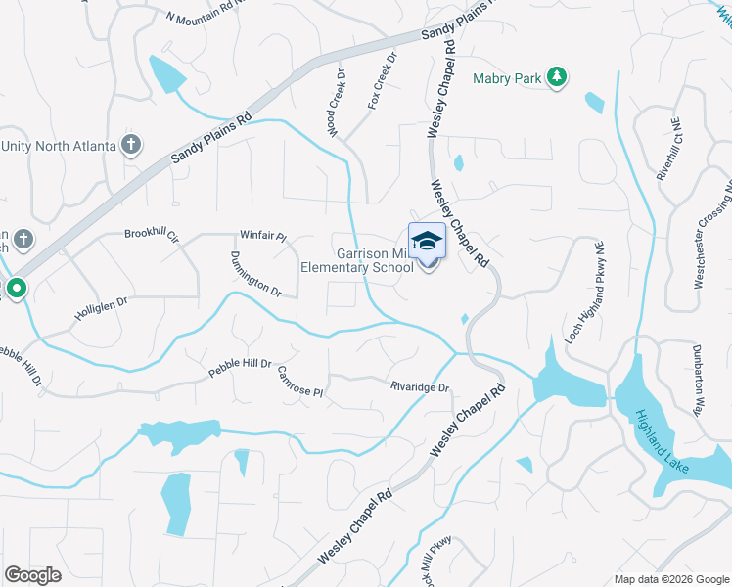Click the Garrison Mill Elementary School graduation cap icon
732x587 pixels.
427,241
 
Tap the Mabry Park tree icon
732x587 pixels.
557,77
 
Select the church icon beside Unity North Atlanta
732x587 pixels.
131,146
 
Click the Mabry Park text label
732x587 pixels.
507,78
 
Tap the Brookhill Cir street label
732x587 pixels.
152,235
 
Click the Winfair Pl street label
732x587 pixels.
262,236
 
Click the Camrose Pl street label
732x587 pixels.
299,383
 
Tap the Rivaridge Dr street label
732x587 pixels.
419,387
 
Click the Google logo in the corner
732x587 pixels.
33,575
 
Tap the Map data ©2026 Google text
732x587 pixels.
670,579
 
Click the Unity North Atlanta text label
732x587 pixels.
58,146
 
